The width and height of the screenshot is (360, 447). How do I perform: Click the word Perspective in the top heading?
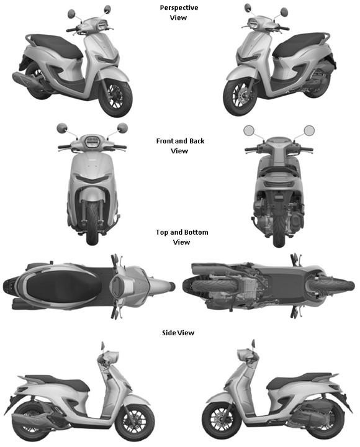click(179, 7)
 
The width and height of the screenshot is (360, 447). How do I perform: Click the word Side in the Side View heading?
click(168, 333)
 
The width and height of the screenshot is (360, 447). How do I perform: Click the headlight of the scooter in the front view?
click(91, 142)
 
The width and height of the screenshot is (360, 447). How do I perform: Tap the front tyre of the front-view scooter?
click(92, 223)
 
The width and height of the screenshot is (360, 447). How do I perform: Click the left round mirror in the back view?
click(249, 130)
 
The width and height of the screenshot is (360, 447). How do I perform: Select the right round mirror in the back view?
click(309, 130)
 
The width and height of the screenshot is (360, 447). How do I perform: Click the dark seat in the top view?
click(63, 286)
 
